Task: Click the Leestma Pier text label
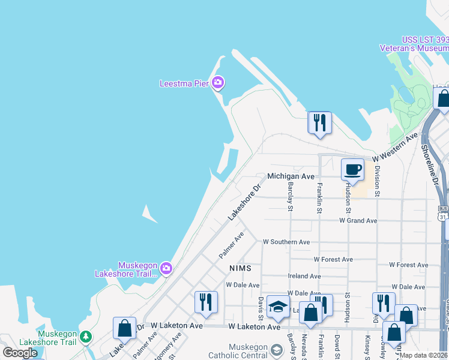pos(184,83)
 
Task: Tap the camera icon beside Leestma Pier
pos(218,83)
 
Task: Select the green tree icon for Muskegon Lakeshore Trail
pos(86,336)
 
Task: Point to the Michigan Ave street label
pos(291,176)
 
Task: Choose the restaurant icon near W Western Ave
pos(319,122)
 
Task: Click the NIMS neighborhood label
pos(239,267)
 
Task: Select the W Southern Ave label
pos(286,242)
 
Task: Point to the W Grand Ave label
pos(358,221)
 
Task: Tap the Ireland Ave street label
pos(304,276)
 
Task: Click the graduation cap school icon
pos(278,307)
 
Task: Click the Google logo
pos(20,353)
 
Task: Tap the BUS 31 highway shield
pos(443,212)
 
